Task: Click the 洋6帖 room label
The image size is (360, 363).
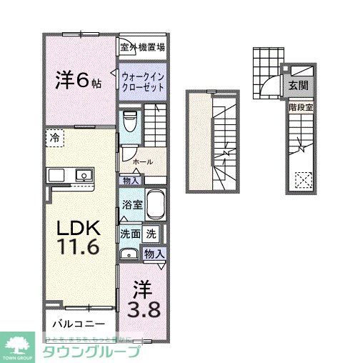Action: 78,79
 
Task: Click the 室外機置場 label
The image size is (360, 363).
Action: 143,47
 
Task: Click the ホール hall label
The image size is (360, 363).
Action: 142,162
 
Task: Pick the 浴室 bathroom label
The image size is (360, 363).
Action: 131,204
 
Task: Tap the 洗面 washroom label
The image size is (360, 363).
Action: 130,233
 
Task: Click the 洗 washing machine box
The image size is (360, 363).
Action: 151,233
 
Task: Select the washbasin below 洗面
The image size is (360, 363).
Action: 130,253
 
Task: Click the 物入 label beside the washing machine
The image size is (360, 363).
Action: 154,254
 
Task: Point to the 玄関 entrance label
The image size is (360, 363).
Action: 298,85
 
